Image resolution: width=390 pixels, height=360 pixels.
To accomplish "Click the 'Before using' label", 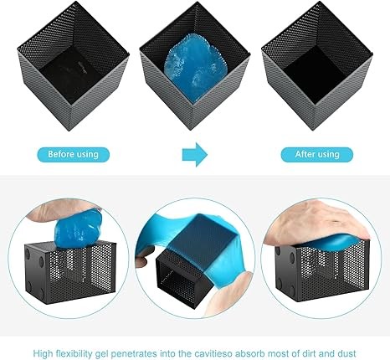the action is [74, 154].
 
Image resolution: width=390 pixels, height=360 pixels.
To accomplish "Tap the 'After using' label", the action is [317, 154].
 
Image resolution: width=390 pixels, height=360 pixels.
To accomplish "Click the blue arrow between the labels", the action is [195, 155].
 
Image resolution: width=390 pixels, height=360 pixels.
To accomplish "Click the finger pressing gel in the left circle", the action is [59, 212].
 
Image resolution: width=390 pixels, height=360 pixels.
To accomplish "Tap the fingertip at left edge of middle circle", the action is [141, 262].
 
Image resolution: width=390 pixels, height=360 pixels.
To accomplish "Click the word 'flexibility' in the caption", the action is [74, 353].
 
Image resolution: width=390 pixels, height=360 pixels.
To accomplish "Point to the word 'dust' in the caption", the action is [346, 353].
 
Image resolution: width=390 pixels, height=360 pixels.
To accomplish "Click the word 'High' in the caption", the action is [43, 353].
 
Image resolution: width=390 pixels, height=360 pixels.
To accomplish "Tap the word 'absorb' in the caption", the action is [250, 353].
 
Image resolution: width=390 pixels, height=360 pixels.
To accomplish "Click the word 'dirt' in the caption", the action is [306, 353].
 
